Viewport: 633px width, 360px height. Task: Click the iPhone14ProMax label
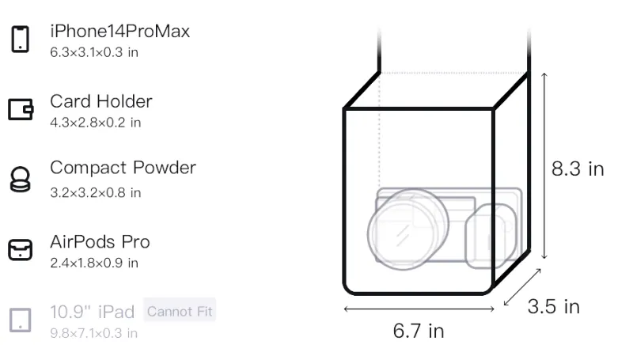click(120, 32)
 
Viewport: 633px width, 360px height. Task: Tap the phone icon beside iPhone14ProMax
click(21, 39)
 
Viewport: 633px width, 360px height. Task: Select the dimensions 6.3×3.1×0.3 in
click(94, 52)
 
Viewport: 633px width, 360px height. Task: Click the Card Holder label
click(101, 101)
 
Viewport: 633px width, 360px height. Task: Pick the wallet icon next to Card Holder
click(21, 109)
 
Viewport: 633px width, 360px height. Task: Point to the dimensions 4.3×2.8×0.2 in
click(95, 123)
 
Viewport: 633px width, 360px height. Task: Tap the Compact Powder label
click(123, 168)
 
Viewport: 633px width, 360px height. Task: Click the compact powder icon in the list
click(21, 179)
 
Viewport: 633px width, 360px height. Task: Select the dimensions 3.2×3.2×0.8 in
click(95, 192)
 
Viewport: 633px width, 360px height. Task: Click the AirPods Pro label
click(100, 242)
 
